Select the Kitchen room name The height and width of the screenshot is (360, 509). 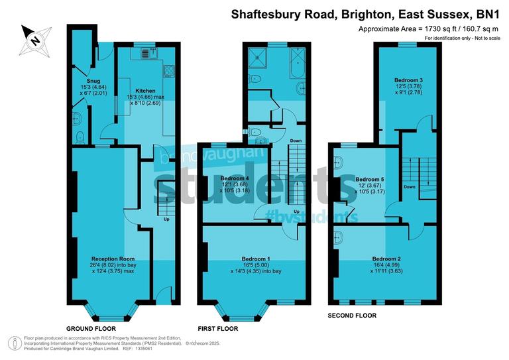[145, 91]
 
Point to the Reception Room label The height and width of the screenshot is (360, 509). [113, 259]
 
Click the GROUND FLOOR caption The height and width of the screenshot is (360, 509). [91, 328]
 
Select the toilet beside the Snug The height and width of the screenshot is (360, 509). [80, 137]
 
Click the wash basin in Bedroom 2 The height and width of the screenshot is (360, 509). [339, 236]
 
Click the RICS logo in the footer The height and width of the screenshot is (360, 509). [13, 343]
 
